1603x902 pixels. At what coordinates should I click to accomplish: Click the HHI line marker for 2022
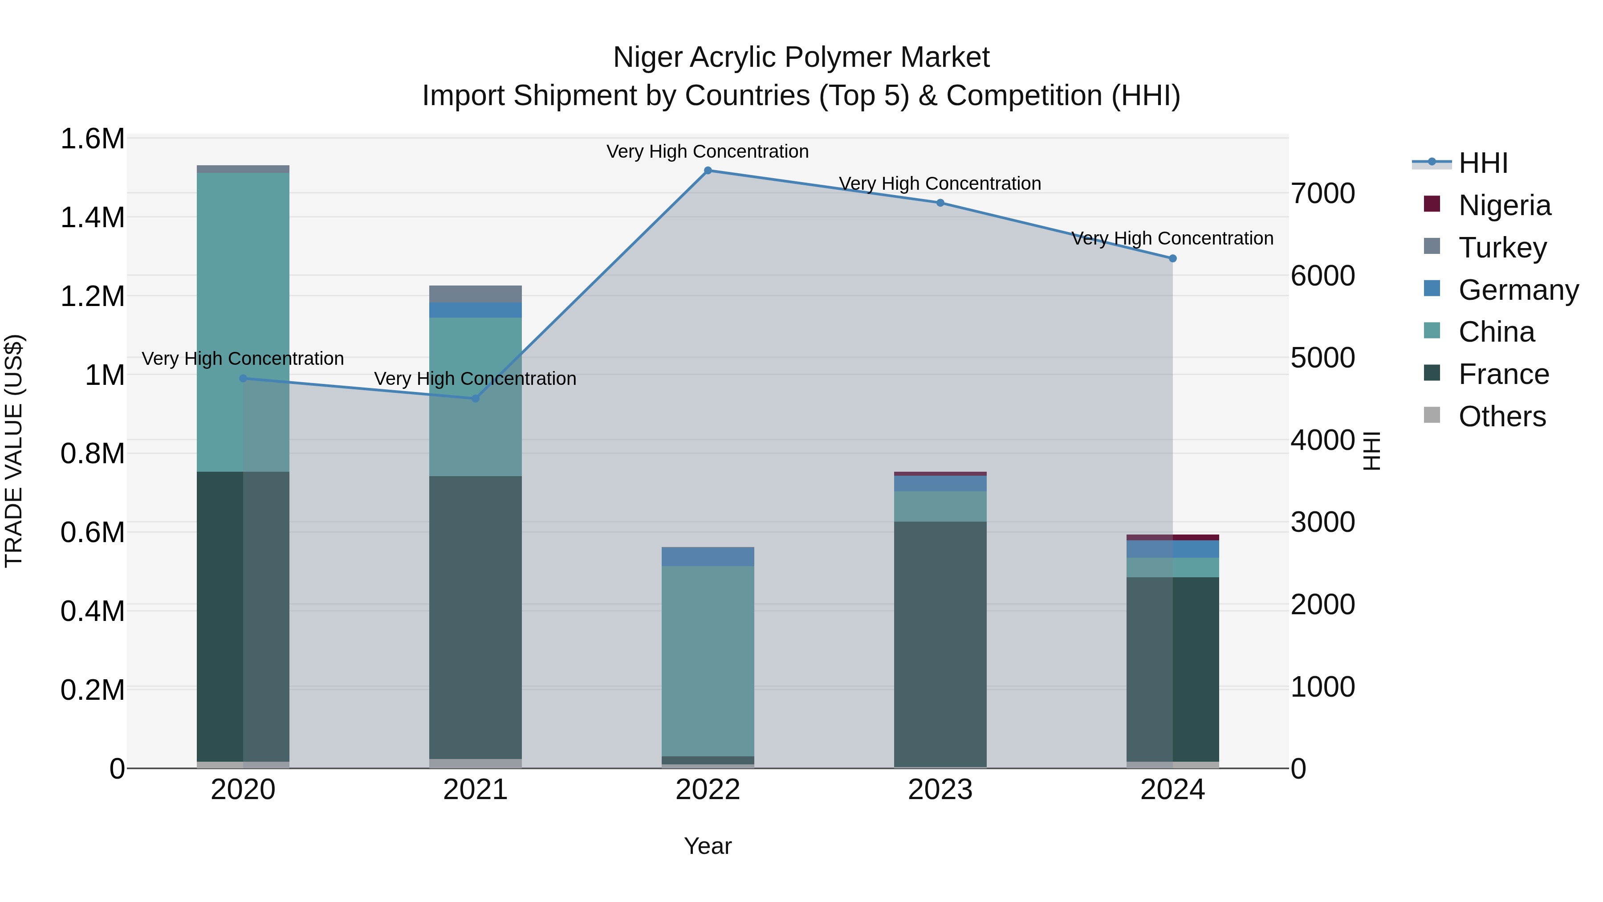[x=708, y=171]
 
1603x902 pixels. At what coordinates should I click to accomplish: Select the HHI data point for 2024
[x=1172, y=258]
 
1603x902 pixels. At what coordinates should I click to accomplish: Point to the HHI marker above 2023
[x=940, y=203]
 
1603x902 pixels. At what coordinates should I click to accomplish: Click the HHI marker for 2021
[x=476, y=398]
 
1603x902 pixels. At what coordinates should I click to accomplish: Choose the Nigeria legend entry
[x=1504, y=205]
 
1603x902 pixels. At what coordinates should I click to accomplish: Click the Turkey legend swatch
[x=1432, y=246]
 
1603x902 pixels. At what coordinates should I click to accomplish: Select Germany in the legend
[x=1518, y=290]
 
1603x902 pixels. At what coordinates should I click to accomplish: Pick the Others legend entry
[x=1501, y=416]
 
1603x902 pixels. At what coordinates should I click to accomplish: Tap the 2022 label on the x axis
[x=708, y=790]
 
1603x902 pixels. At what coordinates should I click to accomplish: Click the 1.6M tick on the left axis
[x=92, y=139]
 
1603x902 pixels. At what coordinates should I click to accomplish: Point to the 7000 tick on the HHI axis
[x=1323, y=194]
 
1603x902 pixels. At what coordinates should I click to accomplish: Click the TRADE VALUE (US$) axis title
[x=14, y=451]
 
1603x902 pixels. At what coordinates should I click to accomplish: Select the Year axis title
[x=708, y=846]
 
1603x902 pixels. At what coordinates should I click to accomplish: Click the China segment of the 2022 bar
[x=708, y=660]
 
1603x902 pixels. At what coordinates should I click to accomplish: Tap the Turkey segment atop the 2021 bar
[x=476, y=294]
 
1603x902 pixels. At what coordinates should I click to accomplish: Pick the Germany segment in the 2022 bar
[x=708, y=556]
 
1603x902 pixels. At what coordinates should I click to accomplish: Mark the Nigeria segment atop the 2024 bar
[x=1172, y=537]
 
